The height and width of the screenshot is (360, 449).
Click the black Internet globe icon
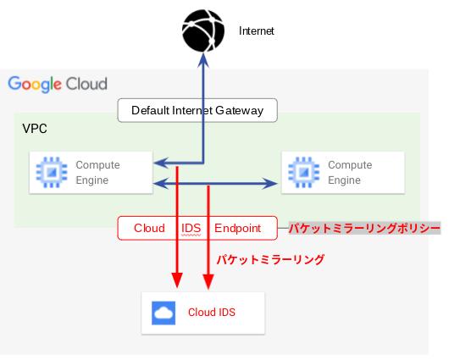[x=203, y=30]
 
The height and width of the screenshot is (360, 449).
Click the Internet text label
[x=257, y=31]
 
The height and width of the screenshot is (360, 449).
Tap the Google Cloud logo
[x=58, y=84]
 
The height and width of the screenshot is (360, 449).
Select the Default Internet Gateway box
[x=197, y=110]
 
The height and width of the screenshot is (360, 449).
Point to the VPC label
[x=35, y=129]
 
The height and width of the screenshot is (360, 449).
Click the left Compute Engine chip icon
[x=52, y=173]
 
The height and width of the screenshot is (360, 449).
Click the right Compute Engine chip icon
[x=304, y=173]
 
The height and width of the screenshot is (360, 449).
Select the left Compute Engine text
[x=97, y=173]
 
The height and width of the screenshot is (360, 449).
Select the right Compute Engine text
[x=350, y=173]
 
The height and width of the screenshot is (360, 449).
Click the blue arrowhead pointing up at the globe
[x=203, y=60]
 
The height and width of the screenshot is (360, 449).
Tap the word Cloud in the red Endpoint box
[x=149, y=228]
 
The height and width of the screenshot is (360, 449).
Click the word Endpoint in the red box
[x=238, y=228]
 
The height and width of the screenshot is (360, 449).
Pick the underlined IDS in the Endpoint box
[x=191, y=229]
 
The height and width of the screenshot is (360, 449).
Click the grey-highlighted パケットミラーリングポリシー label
[x=364, y=228]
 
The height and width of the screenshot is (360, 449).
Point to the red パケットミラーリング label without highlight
[x=270, y=259]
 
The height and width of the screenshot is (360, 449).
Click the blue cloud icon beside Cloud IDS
[x=164, y=313]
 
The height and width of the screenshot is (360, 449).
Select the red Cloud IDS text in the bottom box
[x=212, y=313]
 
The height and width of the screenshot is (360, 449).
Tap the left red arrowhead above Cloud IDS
[x=177, y=280]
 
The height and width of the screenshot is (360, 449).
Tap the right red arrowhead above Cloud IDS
[x=208, y=281]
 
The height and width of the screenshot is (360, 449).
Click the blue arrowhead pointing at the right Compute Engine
[x=269, y=184]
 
